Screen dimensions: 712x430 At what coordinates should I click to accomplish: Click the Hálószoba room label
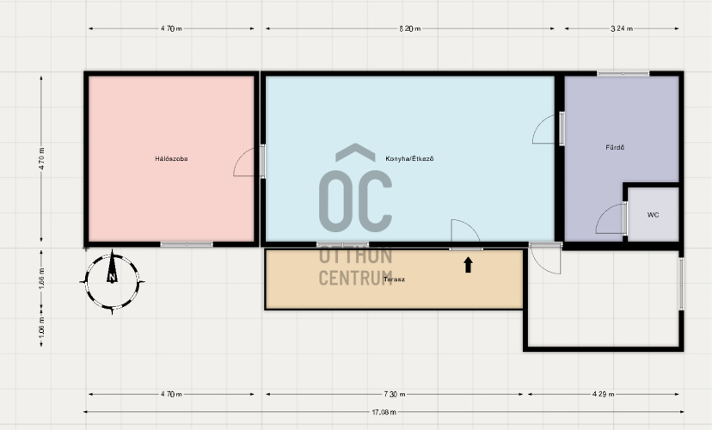tap(171, 159)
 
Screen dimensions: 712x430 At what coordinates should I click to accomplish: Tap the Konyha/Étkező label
tap(409, 158)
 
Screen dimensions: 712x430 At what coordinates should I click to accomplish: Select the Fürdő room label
tap(615, 147)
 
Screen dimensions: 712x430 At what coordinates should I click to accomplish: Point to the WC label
tap(653, 215)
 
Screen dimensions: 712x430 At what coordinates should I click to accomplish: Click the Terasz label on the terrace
tap(394, 279)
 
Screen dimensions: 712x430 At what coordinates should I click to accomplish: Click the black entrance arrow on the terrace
tap(468, 265)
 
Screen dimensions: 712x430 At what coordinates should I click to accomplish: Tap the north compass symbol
tap(112, 282)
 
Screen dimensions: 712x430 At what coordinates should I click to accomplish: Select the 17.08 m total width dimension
tap(384, 412)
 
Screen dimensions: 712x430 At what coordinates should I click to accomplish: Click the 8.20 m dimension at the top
tap(410, 28)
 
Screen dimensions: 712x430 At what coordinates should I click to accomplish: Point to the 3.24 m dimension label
tap(622, 28)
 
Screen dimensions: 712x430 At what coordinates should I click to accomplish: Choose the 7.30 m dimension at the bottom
tap(395, 394)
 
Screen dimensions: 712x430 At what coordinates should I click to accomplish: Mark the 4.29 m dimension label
tap(604, 394)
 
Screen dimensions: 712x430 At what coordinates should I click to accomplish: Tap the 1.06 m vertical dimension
tap(41, 327)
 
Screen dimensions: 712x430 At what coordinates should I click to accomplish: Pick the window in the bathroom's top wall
tap(623, 74)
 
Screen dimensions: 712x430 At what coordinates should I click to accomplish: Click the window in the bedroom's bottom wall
tap(187, 245)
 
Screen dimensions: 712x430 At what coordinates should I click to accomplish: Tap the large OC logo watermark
tap(355, 188)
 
